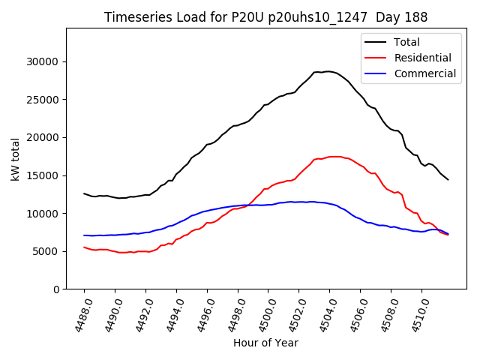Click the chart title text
[265, 17]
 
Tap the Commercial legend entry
[424, 73]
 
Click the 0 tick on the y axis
[56, 289]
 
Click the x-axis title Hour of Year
[265, 343]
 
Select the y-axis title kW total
[16, 158]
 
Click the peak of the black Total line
[328, 71]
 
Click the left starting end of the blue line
[84, 235]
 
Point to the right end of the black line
[448, 180]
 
